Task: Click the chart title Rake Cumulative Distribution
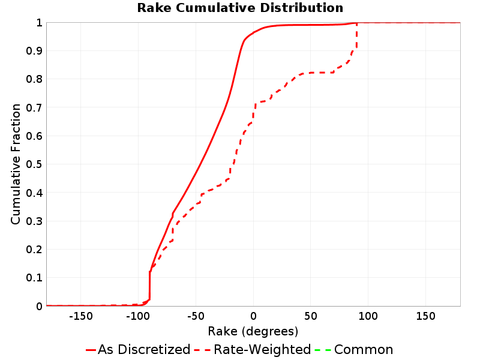coord(240,8)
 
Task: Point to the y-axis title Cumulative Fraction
coord(16,164)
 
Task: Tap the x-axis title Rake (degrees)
coord(253,332)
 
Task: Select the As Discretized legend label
coord(144,349)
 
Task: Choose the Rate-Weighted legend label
coord(262,349)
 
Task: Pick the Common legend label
coord(364,349)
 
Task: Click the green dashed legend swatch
coord(323,350)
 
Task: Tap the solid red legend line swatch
coord(91,350)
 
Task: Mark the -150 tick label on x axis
coord(81,316)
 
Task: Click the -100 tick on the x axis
coord(138,316)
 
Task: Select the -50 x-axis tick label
coord(196,316)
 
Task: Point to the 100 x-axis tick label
coord(368,316)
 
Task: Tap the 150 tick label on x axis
coord(425,316)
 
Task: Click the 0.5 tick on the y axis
coord(34,164)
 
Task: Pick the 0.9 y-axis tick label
coord(34,51)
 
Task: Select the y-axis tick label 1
coord(39,23)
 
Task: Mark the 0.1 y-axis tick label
coord(34,278)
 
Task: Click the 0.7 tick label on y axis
coord(34,108)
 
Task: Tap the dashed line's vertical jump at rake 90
coord(356,35)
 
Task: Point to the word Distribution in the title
coord(302,8)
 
